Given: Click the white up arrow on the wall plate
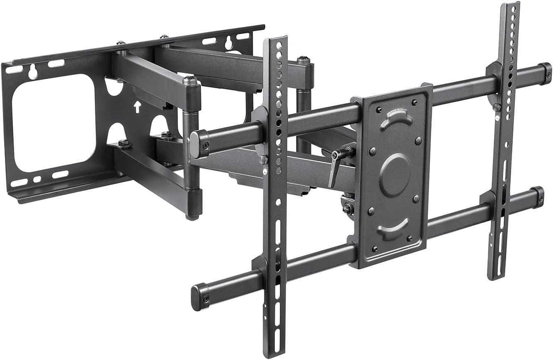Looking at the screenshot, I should [136, 107].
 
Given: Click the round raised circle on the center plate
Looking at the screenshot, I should [395, 175].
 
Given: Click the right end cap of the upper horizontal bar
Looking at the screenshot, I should [545, 74].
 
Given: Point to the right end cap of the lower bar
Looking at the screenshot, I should [538, 196].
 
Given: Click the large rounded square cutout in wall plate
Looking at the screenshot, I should [53, 122].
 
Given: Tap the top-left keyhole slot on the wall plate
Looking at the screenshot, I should [33, 72].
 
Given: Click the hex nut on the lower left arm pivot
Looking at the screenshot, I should [124, 143].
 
